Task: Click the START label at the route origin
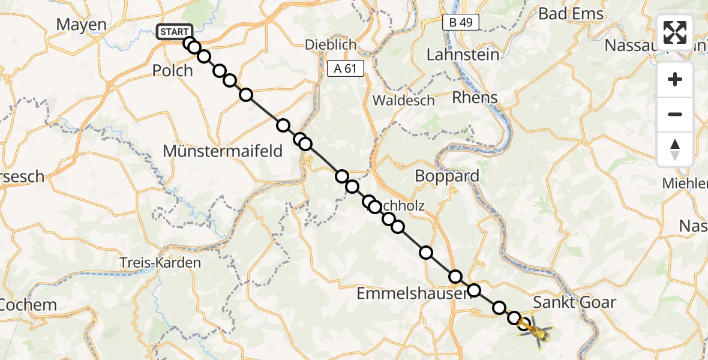tap(175, 32)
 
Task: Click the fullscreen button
tap(675, 32)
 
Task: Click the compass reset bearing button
tap(675, 149)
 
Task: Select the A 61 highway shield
tap(346, 68)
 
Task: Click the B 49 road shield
tap(460, 23)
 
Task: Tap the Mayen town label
tap(81, 25)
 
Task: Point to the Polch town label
tap(172, 70)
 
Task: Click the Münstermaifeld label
tap(222, 151)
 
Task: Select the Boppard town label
tap(448, 176)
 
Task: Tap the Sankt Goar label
tap(574, 302)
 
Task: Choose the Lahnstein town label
tap(463, 55)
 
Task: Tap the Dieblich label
tap(331, 44)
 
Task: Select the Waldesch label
tap(403, 100)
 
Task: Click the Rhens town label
tap(475, 97)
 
